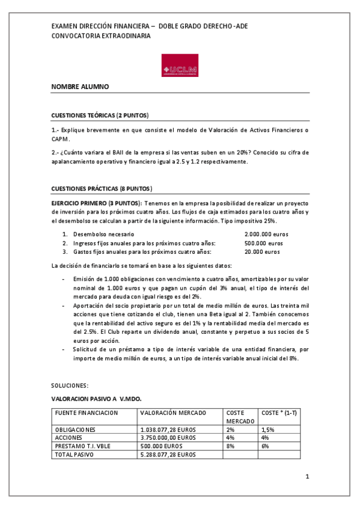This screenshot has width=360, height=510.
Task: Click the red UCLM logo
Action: tap(180, 66)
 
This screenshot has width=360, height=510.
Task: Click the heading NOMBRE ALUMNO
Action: tap(80, 87)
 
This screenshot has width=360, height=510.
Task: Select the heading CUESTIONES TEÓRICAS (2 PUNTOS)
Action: tap(100, 115)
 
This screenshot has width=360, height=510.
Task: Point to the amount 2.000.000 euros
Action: tap(267, 233)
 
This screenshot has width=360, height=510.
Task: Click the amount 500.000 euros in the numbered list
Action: tap(264, 243)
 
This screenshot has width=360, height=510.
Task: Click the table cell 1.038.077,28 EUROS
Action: tap(168, 429)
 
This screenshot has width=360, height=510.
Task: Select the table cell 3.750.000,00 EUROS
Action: tap(168, 438)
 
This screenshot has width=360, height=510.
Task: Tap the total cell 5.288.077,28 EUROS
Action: tap(168, 455)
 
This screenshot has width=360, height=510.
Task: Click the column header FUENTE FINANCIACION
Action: tap(86, 413)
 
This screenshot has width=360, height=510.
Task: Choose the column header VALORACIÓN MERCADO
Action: tap(172, 413)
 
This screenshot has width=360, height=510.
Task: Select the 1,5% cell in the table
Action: tap(267, 429)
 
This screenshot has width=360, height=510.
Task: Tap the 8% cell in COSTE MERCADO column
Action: tap(230, 446)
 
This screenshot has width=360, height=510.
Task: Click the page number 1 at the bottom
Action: tap(307, 477)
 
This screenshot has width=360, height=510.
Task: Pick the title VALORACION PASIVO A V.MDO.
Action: tap(96, 398)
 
